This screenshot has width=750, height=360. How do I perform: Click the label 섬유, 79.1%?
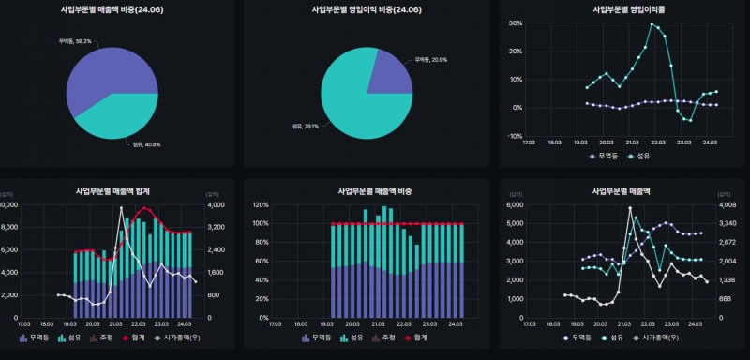pos(304,126)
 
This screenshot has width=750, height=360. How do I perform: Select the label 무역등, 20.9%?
pos(430,59)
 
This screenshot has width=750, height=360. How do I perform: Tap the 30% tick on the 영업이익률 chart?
pos(516,23)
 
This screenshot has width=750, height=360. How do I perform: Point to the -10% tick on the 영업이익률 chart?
pos(516,136)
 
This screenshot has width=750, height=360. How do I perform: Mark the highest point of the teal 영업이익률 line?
pos(652,24)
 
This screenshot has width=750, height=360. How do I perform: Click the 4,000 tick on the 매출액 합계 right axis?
pos(216,204)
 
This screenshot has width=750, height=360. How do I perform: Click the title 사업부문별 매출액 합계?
pos(116,190)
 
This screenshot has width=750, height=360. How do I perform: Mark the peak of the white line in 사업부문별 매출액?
pos(630,208)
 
